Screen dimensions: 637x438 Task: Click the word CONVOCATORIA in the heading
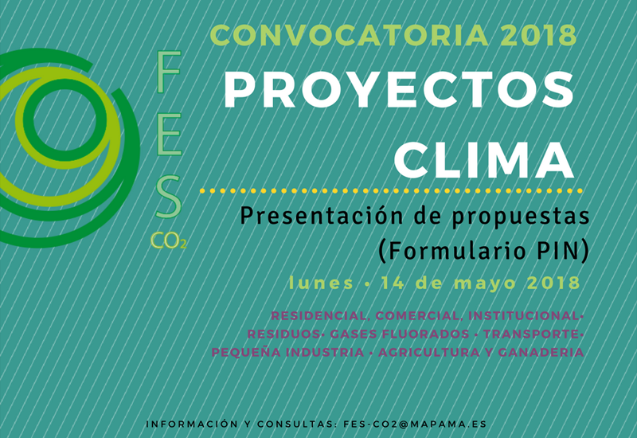[x=349, y=35]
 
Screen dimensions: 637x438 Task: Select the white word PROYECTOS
[x=399, y=90]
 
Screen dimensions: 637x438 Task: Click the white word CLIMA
[x=484, y=160]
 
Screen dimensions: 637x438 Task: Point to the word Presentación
[x=323, y=216]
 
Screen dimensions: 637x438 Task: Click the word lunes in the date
[x=321, y=283]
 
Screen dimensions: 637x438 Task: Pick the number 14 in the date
[x=393, y=284]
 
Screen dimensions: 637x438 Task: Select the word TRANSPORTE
[x=530, y=334]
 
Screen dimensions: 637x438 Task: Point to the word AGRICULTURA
[x=429, y=352]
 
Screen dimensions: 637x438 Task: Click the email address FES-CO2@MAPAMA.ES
[x=415, y=424]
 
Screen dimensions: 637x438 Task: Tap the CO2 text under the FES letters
[x=169, y=241]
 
